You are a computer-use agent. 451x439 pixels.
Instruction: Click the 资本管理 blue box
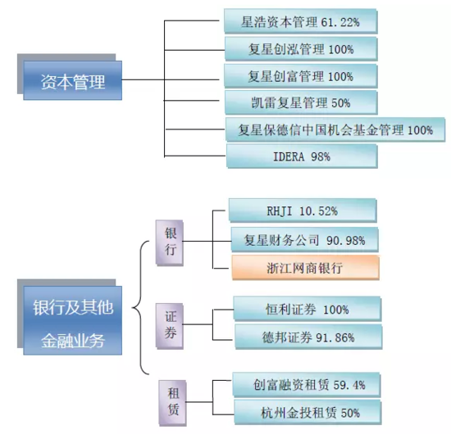[72, 80]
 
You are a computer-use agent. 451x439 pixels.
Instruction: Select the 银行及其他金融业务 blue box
[72, 320]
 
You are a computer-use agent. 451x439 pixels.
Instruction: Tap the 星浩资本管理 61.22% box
[300, 21]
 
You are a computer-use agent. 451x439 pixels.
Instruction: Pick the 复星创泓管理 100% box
[301, 49]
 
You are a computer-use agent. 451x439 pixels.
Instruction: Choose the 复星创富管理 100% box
[301, 76]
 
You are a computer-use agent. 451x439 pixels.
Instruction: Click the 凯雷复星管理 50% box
[301, 102]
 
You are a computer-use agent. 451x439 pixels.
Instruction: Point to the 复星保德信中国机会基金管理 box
[335, 129]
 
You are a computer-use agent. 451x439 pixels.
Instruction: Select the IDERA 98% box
[302, 156]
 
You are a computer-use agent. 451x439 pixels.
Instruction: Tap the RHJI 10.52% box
[303, 210]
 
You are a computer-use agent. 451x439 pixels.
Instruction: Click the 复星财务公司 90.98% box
[304, 240]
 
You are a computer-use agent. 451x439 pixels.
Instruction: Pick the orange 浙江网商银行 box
[306, 268]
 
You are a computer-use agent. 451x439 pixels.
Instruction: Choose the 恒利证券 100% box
[307, 309]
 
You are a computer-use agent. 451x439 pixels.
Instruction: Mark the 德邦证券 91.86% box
[308, 337]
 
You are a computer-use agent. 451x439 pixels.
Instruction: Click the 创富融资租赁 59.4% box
[307, 385]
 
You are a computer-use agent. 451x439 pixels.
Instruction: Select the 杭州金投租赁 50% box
[307, 413]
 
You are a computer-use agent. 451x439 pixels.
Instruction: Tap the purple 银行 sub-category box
[170, 242]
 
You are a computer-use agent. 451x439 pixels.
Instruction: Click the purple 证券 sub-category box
[170, 326]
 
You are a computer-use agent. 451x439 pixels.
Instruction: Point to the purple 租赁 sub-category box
[172, 403]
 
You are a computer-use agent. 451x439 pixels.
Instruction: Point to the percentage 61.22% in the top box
[340, 22]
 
